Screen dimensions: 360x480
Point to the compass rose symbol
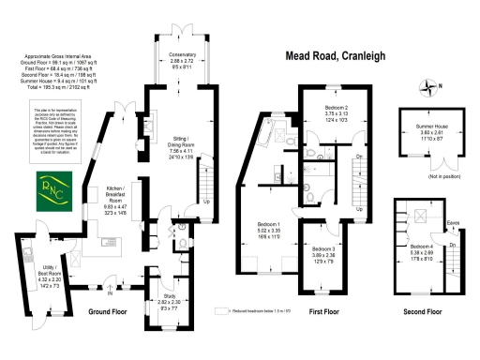[430, 89]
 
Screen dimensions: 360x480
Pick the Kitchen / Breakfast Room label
[115, 197]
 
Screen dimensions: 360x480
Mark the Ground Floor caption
[107, 310]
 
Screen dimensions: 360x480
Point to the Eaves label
[453, 222]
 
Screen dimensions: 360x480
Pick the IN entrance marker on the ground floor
[111, 291]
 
